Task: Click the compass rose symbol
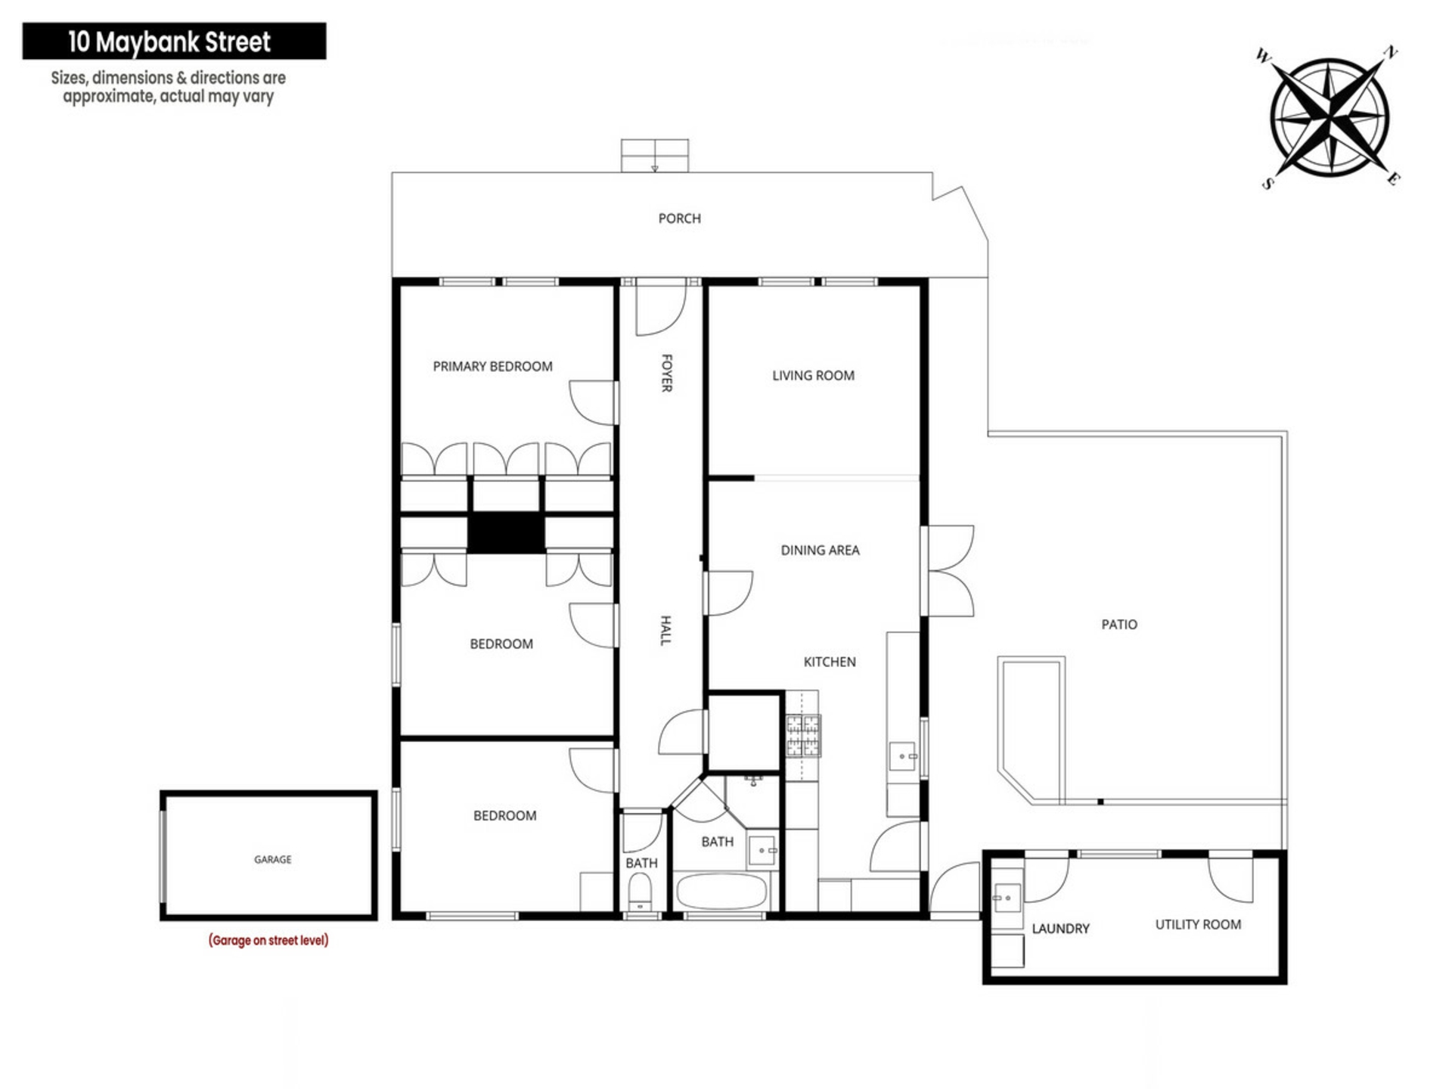pos(1329,117)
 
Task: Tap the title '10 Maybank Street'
pos(169,42)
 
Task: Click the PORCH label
pos(679,219)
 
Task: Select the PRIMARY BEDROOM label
pos(492,367)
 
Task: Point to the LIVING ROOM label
pos(813,376)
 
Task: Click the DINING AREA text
pos(820,551)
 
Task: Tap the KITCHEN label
pos(829,662)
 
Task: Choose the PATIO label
pos(1118,625)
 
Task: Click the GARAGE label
pos(272,860)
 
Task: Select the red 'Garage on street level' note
pos(268,941)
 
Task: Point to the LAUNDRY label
pos(1060,929)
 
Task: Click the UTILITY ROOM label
pos(1198,925)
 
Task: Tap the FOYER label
pos(666,373)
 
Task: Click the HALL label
pos(665,631)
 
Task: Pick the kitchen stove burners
pos(802,736)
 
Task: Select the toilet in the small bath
pos(640,893)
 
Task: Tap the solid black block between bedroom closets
pos(506,533)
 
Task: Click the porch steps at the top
pos(655,156)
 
